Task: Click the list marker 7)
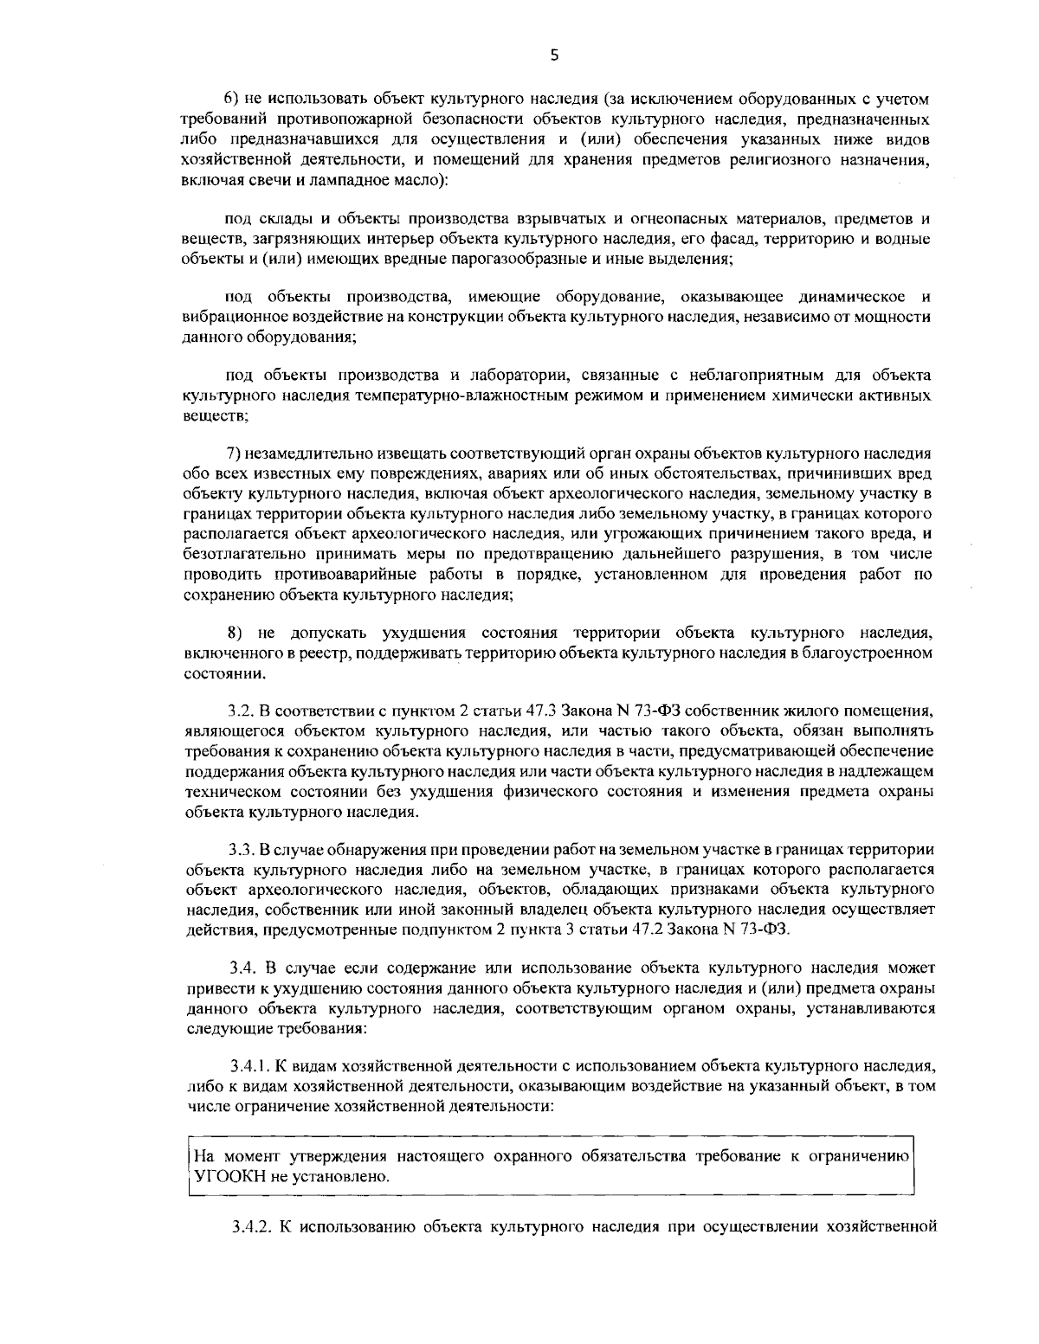pyautogui.click(x=234, y=453)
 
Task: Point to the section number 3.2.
pyautogui.click(x=240, y=711)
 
